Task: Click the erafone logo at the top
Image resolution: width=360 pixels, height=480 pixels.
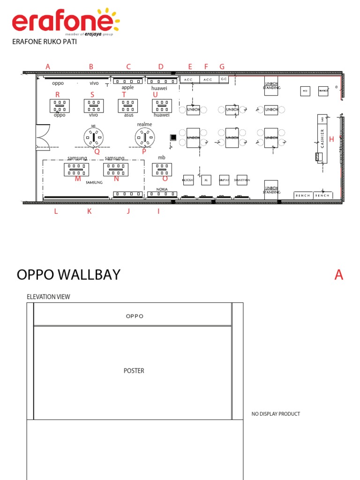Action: click(66, 22)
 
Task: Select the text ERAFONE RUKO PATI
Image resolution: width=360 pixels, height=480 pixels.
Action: click(45, 42)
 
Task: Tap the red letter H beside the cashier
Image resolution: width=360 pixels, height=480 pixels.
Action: click(331, 139)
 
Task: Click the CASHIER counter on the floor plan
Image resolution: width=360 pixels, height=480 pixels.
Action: click(322, 139)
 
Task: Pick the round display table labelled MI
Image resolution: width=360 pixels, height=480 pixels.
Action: click(94, 137)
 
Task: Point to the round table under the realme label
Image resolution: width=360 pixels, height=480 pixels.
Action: click(145, 137)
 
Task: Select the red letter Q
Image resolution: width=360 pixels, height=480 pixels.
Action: click(97, 151)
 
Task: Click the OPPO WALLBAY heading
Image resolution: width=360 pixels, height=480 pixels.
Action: click(68, 275)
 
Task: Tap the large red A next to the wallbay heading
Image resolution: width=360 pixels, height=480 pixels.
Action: click(338, 275)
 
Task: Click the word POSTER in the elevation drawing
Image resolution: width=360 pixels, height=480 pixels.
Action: click(134, 371)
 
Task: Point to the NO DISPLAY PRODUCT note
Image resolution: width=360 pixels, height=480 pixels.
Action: click(276, 414)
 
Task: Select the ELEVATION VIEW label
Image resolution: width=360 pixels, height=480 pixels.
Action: click(49, 297)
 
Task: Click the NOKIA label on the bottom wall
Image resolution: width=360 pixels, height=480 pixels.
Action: click(162, 189)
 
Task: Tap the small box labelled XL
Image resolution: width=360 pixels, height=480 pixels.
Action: click(206, 180)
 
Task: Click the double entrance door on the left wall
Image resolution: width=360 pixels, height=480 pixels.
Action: click(43, 137)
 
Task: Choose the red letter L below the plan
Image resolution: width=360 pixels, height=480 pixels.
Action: click(55, 211)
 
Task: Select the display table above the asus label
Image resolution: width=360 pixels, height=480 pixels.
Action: click(127, 105)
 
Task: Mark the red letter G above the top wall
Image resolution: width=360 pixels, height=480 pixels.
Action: click(222, 67)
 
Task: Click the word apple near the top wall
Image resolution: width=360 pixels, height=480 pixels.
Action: click(127, 88)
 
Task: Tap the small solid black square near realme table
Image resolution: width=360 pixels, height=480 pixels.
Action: click(173, 137)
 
